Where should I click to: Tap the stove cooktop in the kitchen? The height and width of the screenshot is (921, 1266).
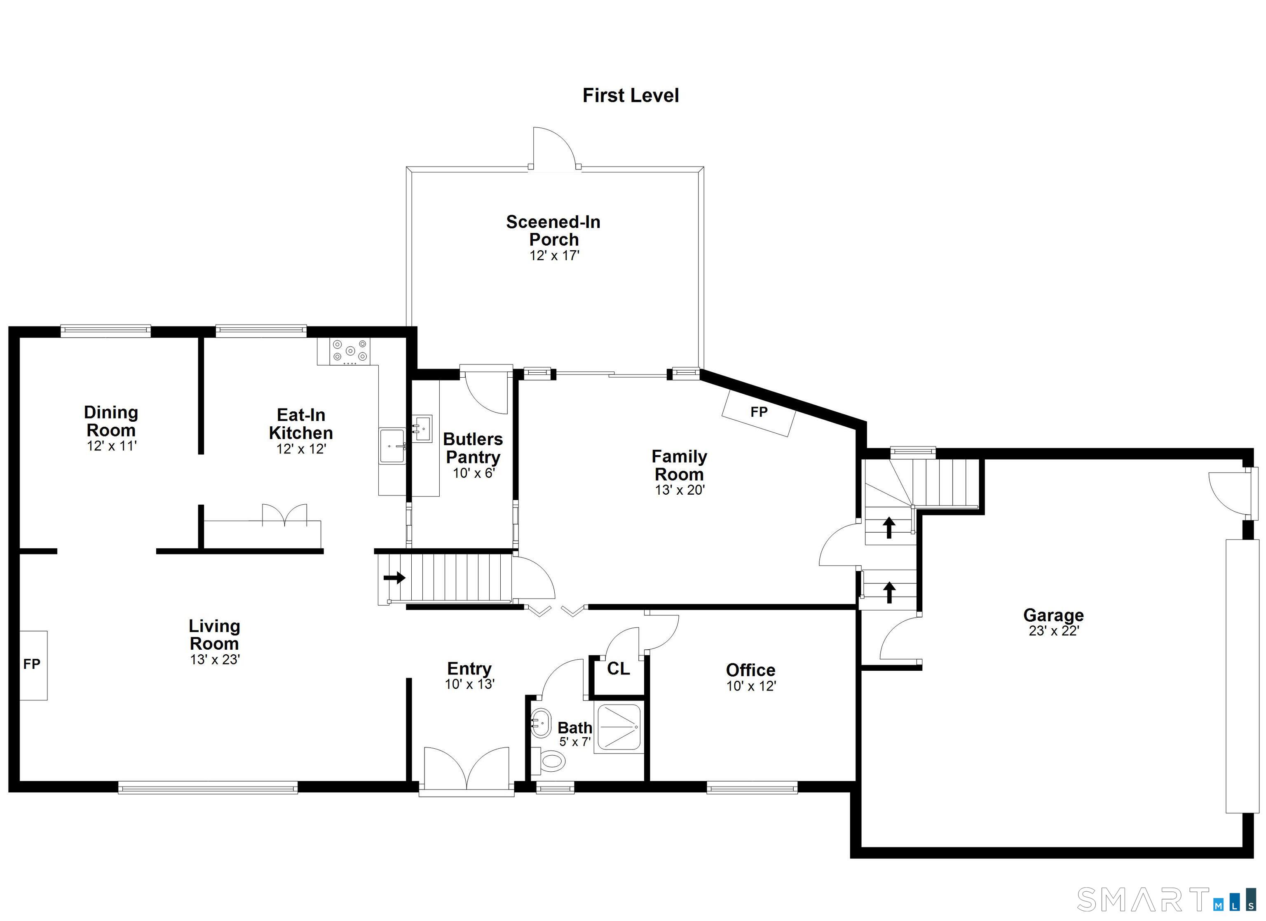[x=350, y=351]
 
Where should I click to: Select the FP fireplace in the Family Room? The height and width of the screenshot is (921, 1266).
[x=759, y=412]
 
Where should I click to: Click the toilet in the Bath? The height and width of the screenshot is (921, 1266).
[x=551, y=760]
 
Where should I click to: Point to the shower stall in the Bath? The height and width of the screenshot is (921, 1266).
[x=619, y=727]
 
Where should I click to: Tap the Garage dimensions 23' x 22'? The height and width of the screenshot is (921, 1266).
[x=1053, y=631]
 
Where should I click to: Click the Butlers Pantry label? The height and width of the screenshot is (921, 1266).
[x=473, y=448]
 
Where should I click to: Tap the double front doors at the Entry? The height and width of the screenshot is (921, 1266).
[x=467, y=768]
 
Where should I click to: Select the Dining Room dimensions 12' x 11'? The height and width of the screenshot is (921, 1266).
[x=112, y=446]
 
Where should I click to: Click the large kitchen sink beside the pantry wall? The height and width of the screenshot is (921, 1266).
[x=392, y=445]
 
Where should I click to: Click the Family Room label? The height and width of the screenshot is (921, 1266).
[x=679, y=465]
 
